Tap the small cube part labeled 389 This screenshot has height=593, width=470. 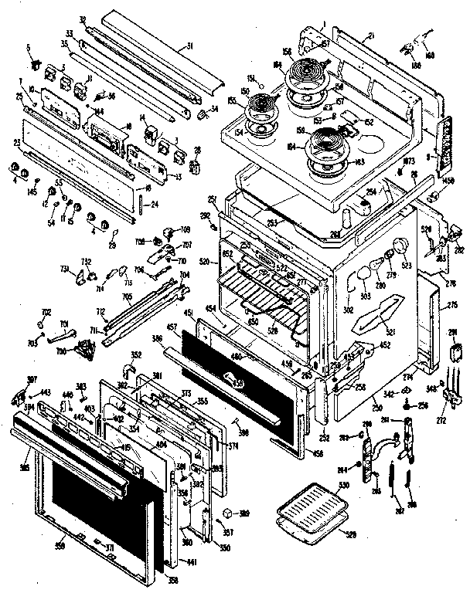pos(228,513)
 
